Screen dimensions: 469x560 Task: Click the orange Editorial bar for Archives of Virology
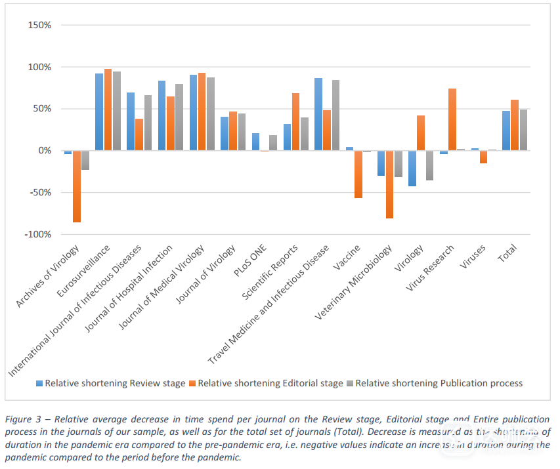(77, 186)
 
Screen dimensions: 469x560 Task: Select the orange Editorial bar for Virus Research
(452, 119)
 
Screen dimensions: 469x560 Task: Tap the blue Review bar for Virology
(412, 169)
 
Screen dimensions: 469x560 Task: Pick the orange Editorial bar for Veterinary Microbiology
(389, 184)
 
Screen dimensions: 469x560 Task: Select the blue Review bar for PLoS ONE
(255, 142)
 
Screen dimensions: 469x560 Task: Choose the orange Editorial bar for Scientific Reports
(295, 122)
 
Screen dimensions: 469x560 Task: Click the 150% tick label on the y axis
(39, 25)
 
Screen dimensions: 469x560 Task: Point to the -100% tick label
(37, 234)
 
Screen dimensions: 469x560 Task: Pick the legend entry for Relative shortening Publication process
(439, 383)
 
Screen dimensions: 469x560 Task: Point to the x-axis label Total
(507, 253)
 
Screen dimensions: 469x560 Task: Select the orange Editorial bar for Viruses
(484, 157)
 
